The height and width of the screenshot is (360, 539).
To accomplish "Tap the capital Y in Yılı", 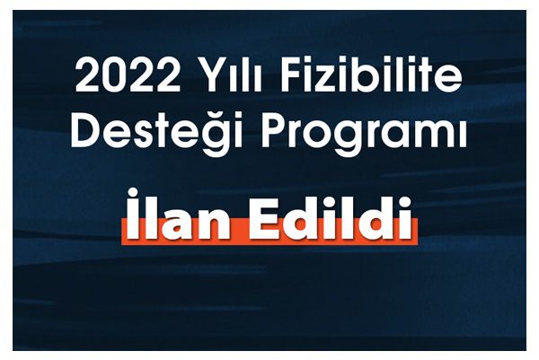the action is [208, 75].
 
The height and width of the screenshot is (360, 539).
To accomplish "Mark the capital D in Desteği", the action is [86, 129].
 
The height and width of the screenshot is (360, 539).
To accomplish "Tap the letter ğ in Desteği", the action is [209, 135].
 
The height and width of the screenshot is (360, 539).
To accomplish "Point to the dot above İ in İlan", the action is [133, 192].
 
